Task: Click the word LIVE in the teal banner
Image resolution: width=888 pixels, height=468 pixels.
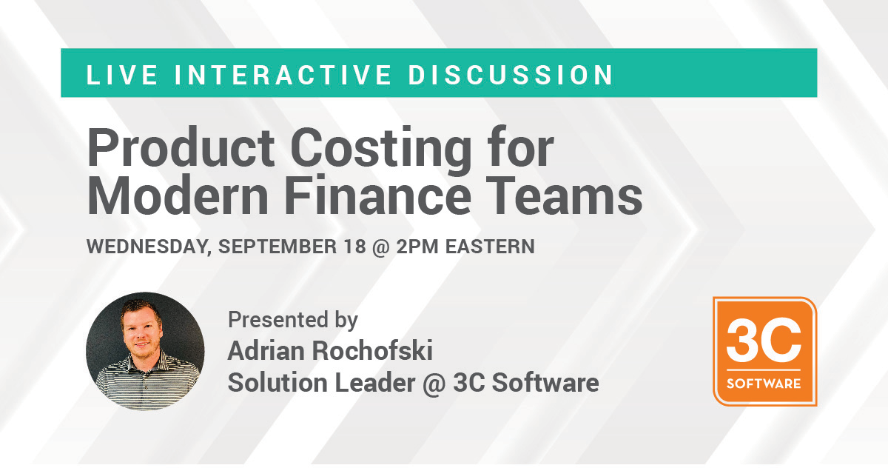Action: (x=121, y=75)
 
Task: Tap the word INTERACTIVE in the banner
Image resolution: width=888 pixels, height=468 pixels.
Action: (x=283, y=75)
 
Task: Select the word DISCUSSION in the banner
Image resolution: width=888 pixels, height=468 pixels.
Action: (x=511, y=75)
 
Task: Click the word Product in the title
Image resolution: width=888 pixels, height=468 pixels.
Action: (x=181, y=147)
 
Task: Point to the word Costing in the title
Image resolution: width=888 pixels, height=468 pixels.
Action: (x=381, y=151)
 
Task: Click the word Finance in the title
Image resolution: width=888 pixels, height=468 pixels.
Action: (x=378, y=195)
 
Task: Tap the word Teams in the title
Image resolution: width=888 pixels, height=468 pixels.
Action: (x=565, y=195)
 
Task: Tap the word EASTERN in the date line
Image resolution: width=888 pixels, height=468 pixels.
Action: (x=490, y=247)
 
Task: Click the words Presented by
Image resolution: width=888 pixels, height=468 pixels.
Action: (x=293, y=321)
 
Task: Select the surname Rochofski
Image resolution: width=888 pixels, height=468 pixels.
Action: (x=372, y=350)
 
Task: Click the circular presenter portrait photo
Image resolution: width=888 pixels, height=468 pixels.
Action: (x=145, y=351)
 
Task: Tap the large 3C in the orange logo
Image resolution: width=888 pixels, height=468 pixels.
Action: (x=764, y=341)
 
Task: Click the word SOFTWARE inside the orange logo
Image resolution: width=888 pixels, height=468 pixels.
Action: (x=764, y=384)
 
